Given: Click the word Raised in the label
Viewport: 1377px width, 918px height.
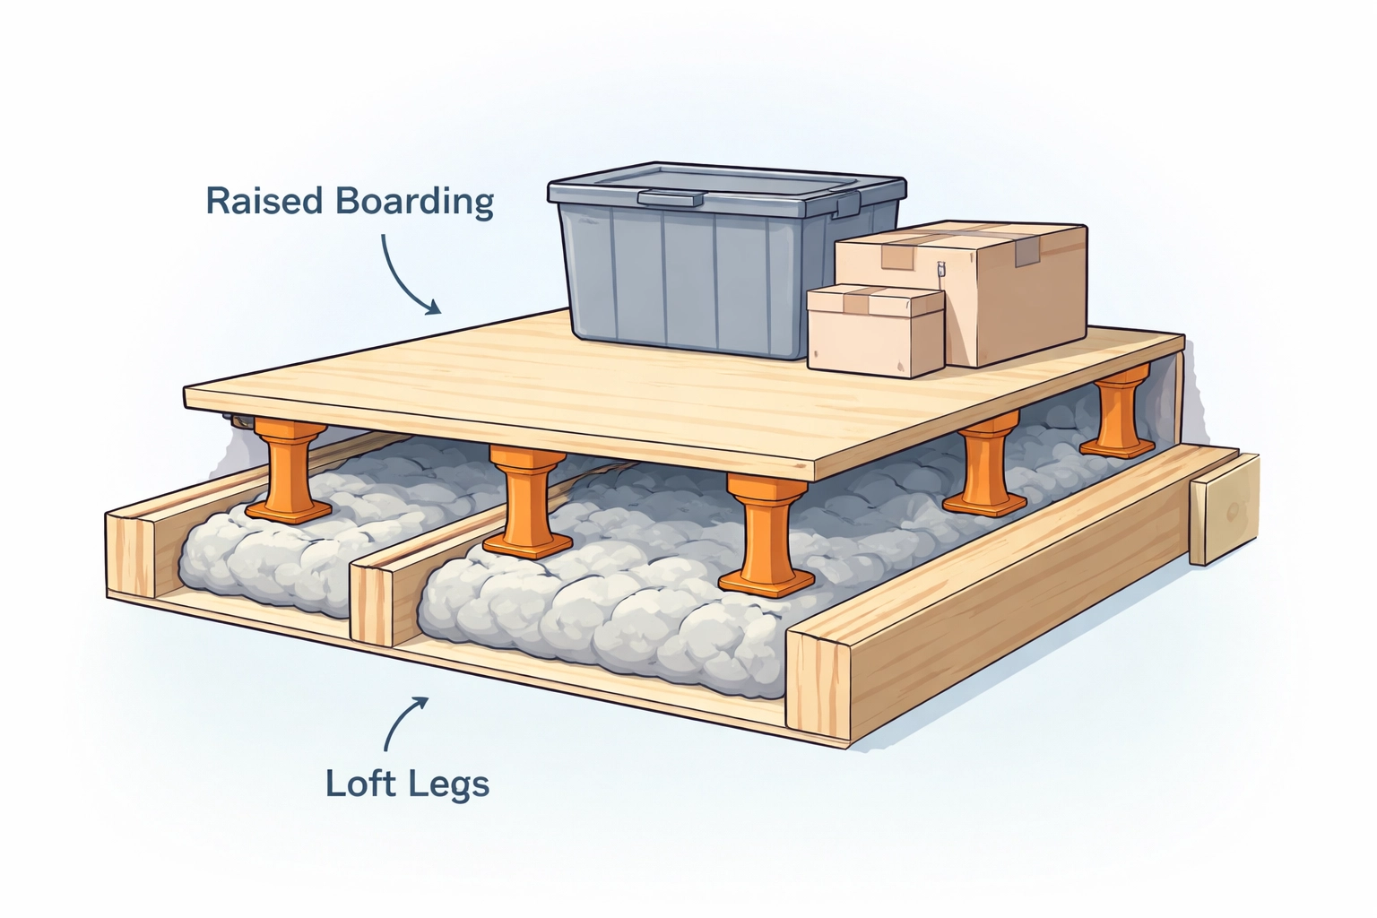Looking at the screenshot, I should click(x=264, y=201).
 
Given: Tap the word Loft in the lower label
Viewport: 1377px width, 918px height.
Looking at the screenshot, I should click(x=359, y=784).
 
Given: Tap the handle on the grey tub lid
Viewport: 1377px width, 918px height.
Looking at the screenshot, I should click(x=670, y=197).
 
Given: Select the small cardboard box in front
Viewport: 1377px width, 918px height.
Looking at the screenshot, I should click(x=874, y=329).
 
